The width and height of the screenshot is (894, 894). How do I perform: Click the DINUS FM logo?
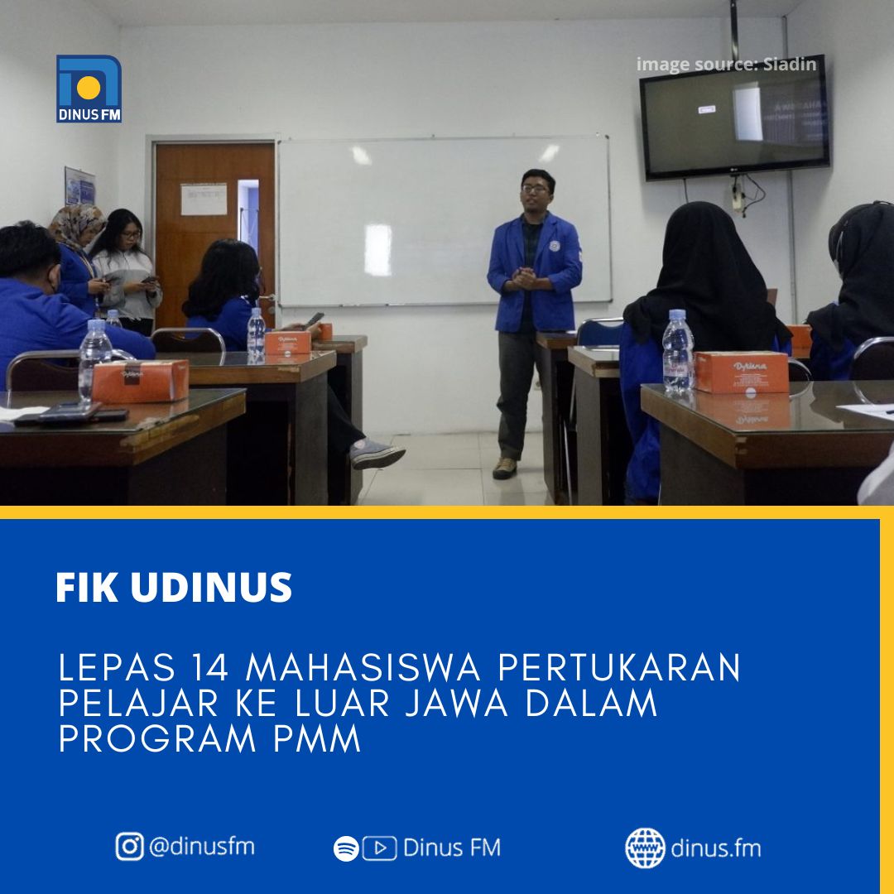[89, 89]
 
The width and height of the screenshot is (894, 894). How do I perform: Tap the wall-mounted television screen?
[734, 118]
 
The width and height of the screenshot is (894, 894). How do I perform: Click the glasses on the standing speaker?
[535, 189]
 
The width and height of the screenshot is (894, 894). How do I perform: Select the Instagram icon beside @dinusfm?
[129, 846]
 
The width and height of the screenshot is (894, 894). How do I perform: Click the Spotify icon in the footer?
[346, 848]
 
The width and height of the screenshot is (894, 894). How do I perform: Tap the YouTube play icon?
[380, 848]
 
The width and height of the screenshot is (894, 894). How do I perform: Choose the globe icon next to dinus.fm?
[645, 848]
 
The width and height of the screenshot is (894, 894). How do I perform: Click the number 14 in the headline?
[209, 668]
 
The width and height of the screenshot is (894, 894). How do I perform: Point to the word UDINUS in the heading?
[212, 587]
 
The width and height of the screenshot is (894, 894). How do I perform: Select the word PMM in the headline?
[317, 739]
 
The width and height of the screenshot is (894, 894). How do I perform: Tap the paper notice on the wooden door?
[204, 199]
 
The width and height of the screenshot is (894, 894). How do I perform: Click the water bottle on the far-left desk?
[94, 360]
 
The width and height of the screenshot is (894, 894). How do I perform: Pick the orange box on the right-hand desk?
[742, 372]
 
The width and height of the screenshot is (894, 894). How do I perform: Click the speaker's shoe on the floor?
[505, 468]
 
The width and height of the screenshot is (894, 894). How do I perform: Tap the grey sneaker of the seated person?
[377, 454]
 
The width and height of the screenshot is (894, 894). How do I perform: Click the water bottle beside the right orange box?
[678, 353]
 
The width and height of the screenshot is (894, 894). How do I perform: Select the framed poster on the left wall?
[79, 186]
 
